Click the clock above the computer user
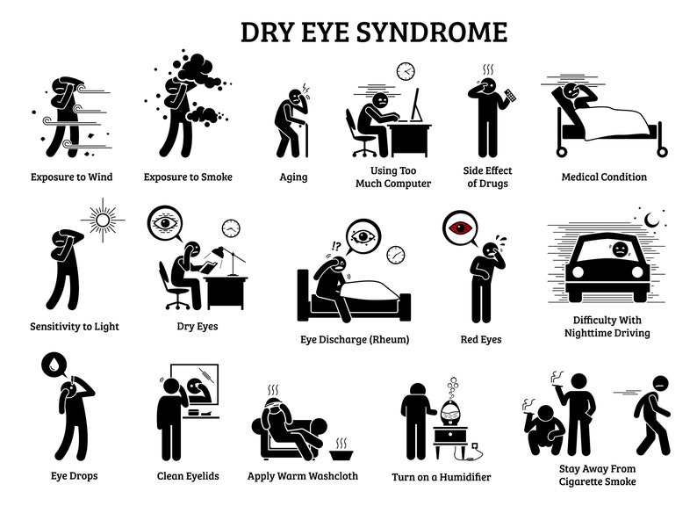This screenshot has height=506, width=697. tap(405, 70)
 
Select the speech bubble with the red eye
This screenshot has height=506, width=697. tap(459, 228)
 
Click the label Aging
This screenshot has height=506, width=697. tap(293, 177)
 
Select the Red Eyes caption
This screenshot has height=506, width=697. tap(481, 338)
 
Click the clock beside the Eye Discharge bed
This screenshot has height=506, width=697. tap(396, 255)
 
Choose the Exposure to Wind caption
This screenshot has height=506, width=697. tap(70, 177)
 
